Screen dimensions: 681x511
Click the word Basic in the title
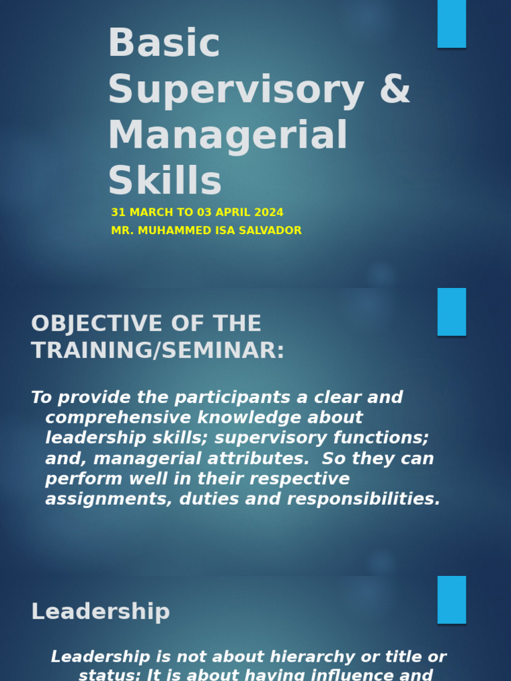point(164,44)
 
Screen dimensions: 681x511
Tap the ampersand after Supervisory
point(395,90)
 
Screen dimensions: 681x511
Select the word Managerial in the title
point(228,135)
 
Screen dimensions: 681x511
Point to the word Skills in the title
point(164,181)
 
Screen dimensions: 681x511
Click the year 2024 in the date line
point(269,213)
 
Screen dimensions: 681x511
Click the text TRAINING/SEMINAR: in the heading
point(158,350)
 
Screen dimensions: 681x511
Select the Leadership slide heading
point(100,612)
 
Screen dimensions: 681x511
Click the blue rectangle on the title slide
point(451,24)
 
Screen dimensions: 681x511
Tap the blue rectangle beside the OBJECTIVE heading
point(451,312)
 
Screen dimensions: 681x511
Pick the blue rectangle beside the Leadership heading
point(451,600)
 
